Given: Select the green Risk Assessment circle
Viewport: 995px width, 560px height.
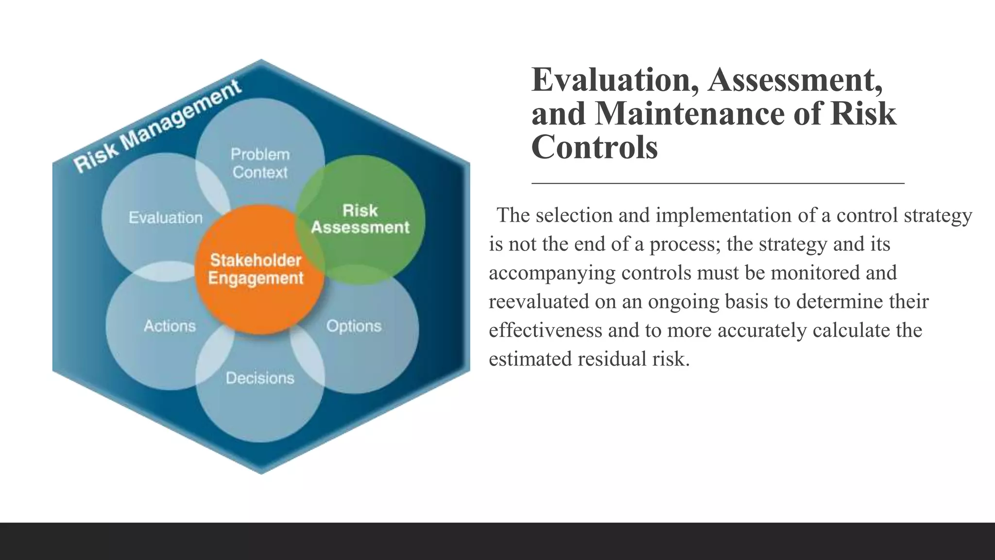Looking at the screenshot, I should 360,219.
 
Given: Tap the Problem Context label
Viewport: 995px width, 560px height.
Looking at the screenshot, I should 260,163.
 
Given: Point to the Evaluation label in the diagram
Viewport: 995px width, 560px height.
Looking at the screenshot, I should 165,217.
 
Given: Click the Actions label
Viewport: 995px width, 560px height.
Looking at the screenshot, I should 170,326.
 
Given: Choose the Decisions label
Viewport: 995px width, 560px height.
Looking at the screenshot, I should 260,378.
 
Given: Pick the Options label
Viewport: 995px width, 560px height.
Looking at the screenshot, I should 354,326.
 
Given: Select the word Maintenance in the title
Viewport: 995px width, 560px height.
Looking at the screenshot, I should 690,114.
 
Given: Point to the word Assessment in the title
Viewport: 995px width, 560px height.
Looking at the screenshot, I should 795,80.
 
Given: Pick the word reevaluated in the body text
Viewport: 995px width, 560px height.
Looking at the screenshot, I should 539,301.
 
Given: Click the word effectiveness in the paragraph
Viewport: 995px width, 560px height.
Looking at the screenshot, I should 546,330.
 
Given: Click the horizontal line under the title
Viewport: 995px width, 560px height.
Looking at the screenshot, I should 718,183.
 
